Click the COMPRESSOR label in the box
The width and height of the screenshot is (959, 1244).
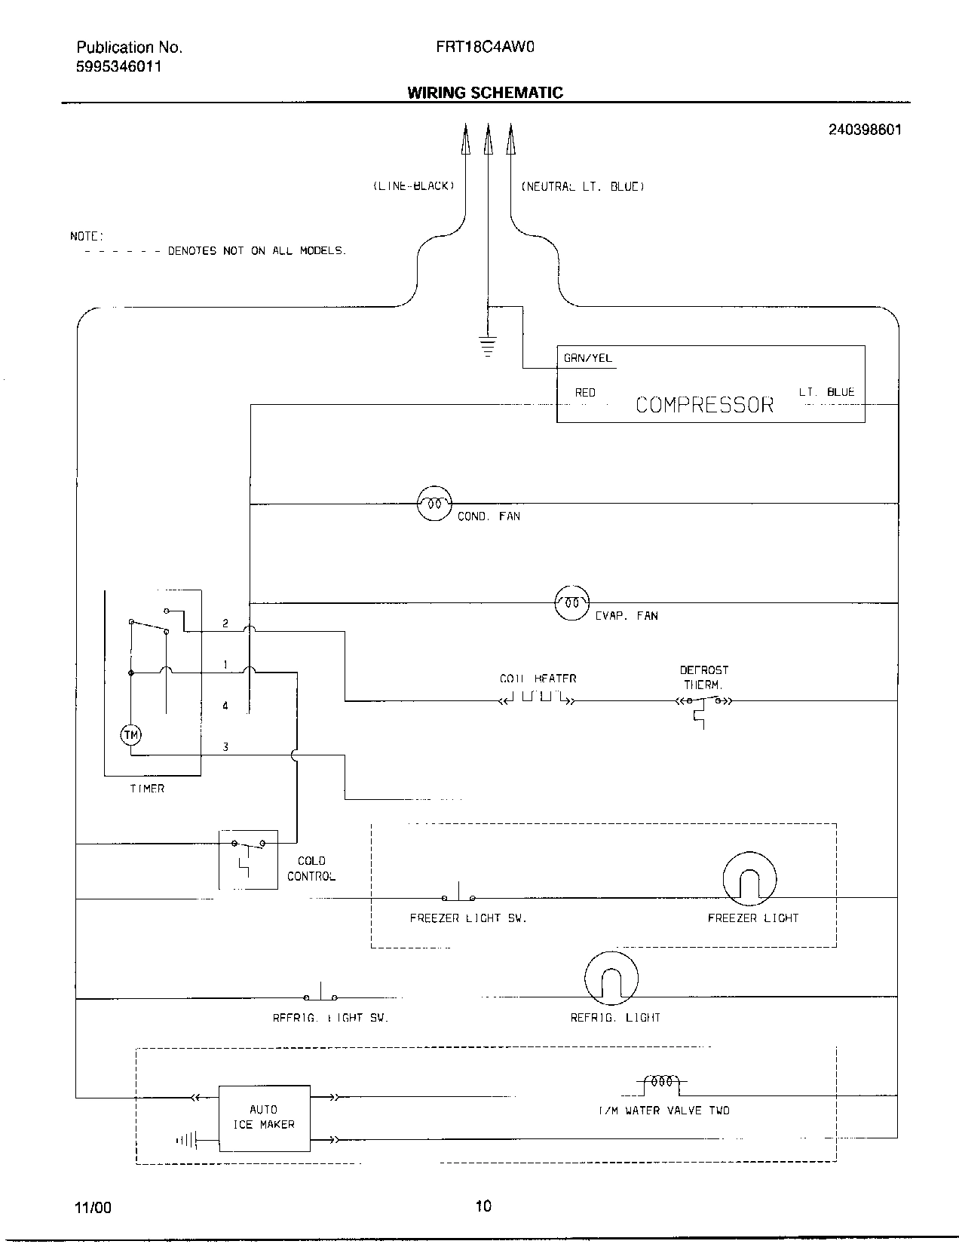coord(704,405)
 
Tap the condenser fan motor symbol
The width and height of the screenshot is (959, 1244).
coord(434,503)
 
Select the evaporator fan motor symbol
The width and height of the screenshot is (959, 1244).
coord(572,602)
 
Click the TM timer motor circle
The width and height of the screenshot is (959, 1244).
coord(131,734)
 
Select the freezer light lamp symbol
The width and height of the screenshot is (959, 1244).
coord(749,880)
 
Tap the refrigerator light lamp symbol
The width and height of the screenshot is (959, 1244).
coord(611,979)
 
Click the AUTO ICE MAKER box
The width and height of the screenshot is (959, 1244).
coord(264,1118)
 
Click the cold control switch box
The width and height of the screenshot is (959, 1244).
coord(248,858)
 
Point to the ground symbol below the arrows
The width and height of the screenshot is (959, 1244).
coord(488,346)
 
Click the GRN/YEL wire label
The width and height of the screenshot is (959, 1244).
coord(587,358)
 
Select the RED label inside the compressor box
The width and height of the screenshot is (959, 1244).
coord(585,393)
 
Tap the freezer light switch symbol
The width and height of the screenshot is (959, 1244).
coord(458,896)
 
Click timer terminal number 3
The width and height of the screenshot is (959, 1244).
coord(225,747)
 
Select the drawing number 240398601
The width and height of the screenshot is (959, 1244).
coord(864,130)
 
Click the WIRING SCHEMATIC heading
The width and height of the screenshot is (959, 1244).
coord(485,93)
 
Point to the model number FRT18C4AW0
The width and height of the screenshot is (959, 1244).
coord(485,47)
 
